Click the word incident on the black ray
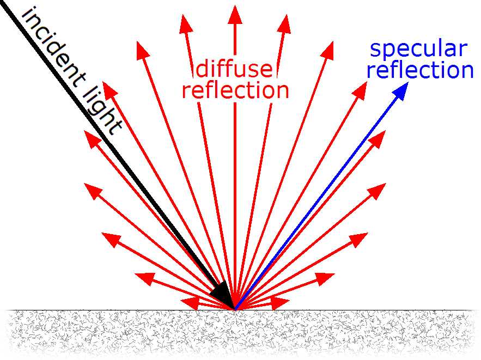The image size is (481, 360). click(x=54, y=47)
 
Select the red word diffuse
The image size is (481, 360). click(x=234, y=69)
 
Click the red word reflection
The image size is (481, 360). click(x=235, y=90)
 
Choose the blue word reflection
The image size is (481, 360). click(x=420, y=70)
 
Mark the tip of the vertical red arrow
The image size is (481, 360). click(x=235, y=5)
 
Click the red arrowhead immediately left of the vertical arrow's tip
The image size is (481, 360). click(x=186, y=23)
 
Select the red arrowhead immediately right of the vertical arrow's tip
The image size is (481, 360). click(x=284, y=23)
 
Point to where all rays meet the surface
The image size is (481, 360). click(x=235, y=310)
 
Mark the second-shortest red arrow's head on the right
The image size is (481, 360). click(x=325, y=279)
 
